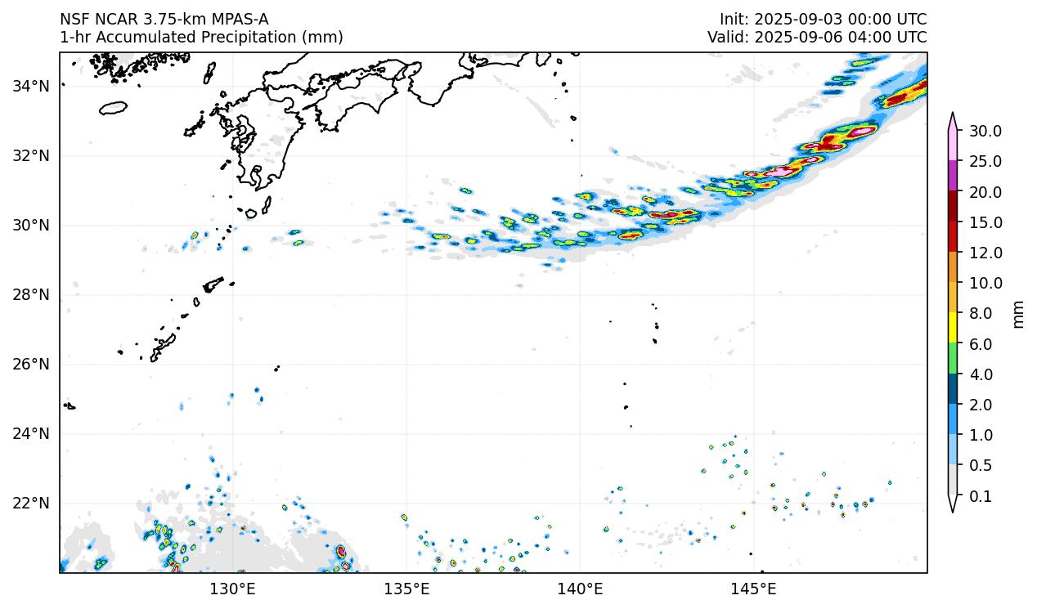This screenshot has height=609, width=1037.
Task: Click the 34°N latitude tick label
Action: (32, 86)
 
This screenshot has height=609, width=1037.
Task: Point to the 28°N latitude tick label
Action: (32, 294)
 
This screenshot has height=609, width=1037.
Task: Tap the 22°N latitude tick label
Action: (32, 503)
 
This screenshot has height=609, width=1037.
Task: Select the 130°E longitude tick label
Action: (233, 589)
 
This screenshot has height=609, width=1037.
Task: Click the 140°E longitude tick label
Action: (580, 589)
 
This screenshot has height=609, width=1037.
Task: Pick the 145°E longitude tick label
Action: (753, 589)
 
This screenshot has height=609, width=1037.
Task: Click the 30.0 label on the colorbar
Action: (985, 131)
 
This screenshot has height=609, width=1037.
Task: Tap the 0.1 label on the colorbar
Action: (981, 496)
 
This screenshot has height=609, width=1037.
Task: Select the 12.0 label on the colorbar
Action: (985, 253)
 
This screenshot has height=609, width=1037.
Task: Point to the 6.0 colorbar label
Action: (981, 344)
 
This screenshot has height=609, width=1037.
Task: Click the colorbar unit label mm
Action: (1018, 313)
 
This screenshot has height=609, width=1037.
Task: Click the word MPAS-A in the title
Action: (237, 20)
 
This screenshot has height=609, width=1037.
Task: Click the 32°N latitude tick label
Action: (32, 155)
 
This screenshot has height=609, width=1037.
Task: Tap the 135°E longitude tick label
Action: (406, 589)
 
